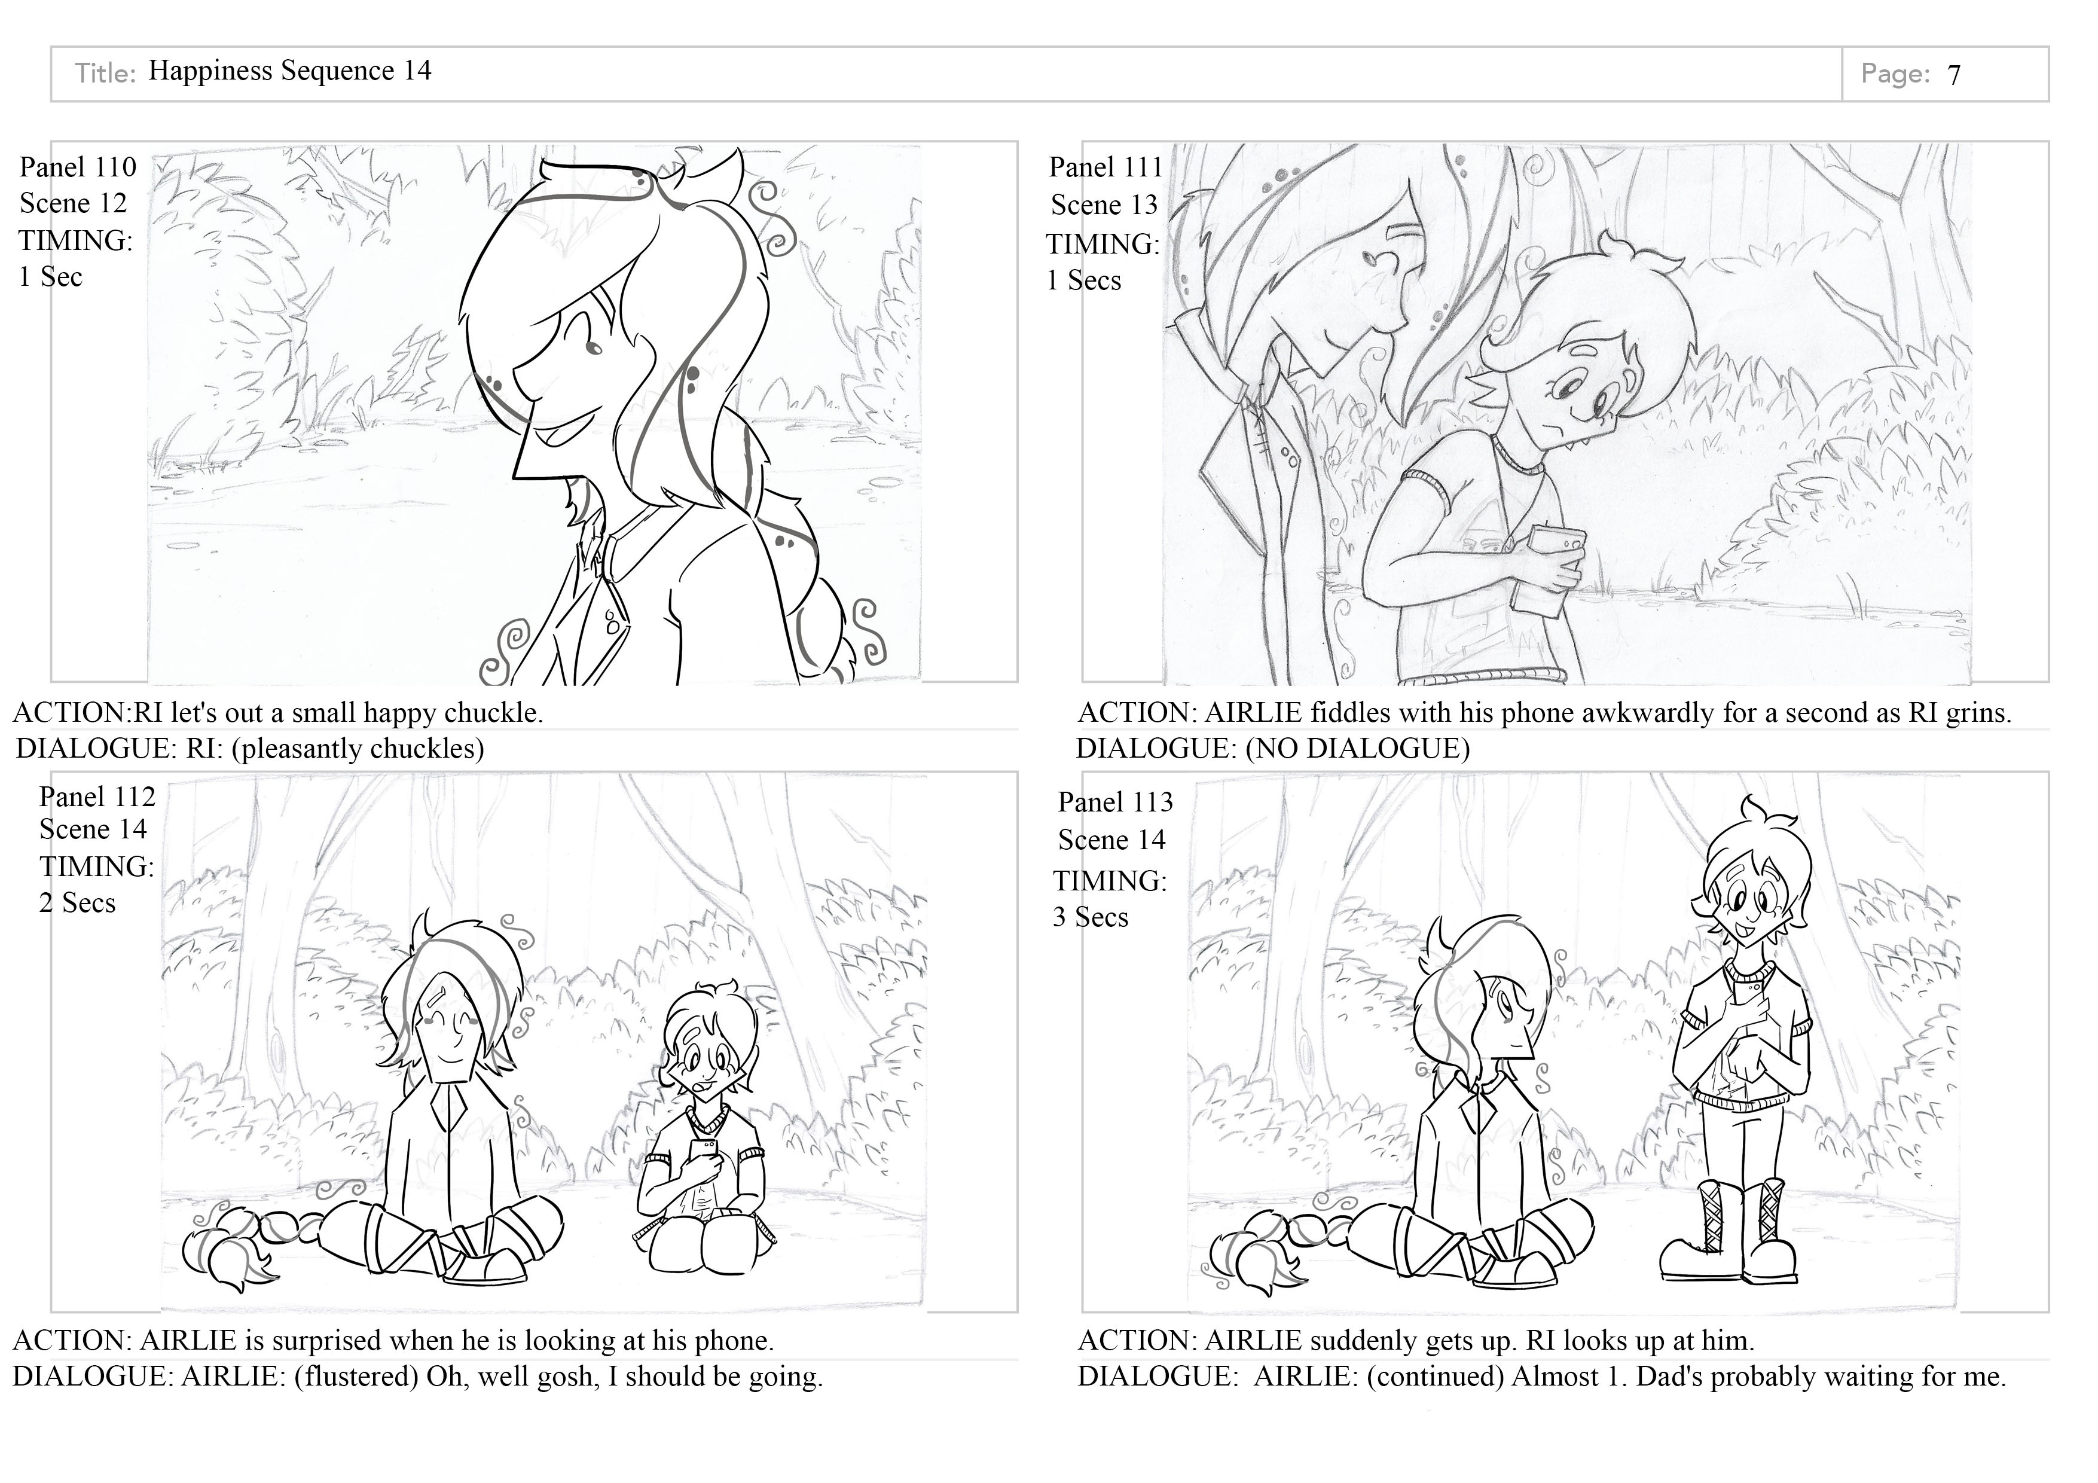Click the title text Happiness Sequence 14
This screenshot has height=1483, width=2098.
289,71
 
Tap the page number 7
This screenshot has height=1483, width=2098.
1954,75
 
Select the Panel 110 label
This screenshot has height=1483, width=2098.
78,167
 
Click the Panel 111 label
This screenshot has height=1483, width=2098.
1106,167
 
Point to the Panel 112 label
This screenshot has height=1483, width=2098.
97,797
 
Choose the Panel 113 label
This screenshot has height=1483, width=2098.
1115,802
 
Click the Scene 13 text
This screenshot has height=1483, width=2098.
1104,205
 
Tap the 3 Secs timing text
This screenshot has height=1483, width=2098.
1090,917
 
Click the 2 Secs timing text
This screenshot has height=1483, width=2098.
78,903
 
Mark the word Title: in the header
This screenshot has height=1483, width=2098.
105,73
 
